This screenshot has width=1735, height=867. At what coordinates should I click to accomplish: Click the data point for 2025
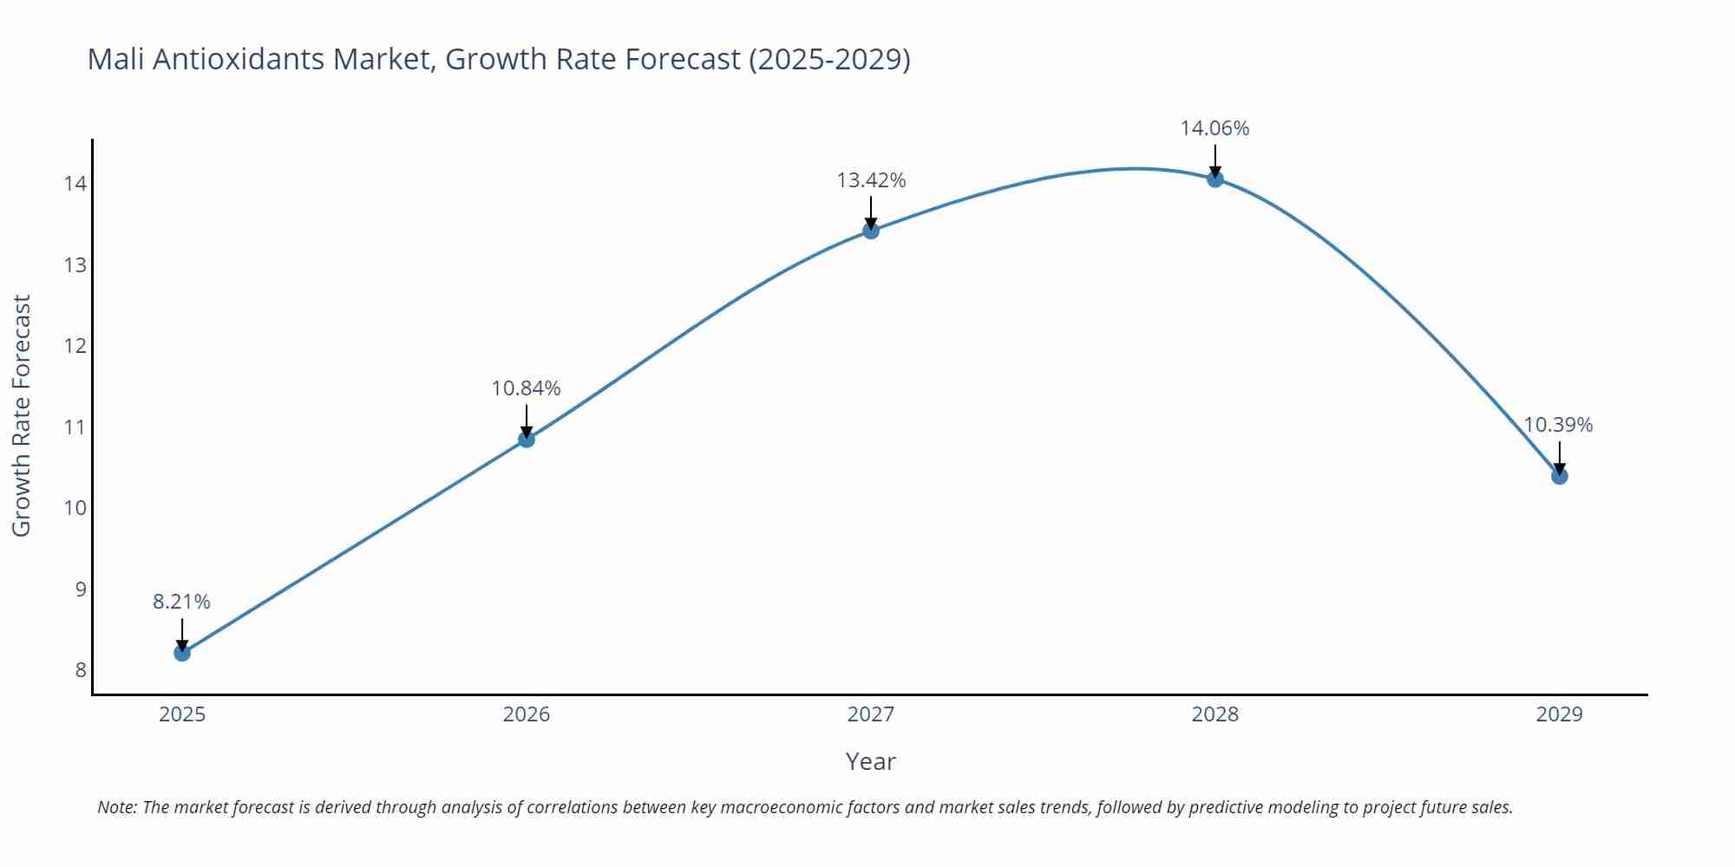click(182, 653)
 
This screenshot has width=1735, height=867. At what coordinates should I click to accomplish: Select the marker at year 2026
click(527, 440)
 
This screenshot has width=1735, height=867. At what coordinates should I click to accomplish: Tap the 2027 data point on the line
click(871, 231)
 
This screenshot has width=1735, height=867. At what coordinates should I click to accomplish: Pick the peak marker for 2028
click(1215, 179)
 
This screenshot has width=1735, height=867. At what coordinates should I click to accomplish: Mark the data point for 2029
click(1559, 476)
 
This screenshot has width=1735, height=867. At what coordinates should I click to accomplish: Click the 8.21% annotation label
click(182, 602)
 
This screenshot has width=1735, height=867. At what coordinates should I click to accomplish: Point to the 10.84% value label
click(527, 388)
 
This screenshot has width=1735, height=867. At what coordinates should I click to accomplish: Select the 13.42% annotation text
click(871, 180)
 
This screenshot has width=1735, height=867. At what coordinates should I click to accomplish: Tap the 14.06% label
click(1214, 128)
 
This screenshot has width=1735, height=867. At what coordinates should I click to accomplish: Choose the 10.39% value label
click(1558, 425)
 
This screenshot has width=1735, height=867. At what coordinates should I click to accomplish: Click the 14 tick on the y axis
click(75, 184)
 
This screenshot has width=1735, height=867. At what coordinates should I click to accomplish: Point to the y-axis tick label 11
click(75, 427)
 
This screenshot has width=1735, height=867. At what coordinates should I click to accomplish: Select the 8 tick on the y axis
click(80, 670)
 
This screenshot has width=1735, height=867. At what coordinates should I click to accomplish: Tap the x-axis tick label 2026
click(527, 714)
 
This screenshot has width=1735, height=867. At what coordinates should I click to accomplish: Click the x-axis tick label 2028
click(1214, 714)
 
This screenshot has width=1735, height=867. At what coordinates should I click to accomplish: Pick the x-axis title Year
click(870, 761)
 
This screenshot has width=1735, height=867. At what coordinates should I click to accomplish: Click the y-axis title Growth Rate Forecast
click(22, 415)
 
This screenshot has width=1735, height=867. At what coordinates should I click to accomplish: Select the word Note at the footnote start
click(115, 807)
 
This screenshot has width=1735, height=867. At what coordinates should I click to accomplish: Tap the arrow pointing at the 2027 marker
click(871, 212)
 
